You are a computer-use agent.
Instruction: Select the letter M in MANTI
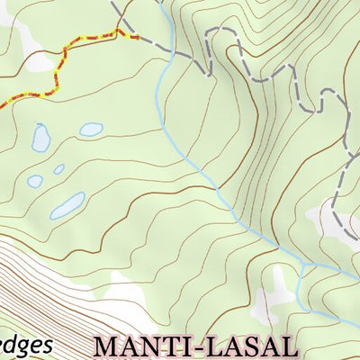click(107, 346)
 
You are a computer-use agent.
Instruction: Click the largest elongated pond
click(67, 206)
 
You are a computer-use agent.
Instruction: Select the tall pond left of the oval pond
click(40, 137)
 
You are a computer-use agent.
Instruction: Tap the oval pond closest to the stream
click(91, 129)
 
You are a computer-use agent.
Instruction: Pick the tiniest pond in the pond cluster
click(58, 169)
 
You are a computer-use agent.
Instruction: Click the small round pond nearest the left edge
click(34, 181)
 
